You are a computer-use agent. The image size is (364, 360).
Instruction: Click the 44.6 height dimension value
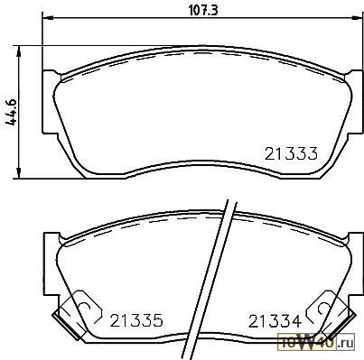point(12,112)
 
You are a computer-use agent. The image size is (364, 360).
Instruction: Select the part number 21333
point(291,153)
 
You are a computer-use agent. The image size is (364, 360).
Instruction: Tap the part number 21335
point(136,320)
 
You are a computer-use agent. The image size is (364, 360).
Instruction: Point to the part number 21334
point(275,321)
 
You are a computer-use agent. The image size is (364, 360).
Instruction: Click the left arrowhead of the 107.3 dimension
point(48,19)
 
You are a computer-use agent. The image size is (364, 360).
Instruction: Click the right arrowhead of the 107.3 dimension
point(358,19)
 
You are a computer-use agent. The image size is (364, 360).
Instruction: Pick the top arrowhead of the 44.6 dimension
point(19,51)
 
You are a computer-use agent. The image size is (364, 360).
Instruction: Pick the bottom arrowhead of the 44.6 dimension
point(19,173)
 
